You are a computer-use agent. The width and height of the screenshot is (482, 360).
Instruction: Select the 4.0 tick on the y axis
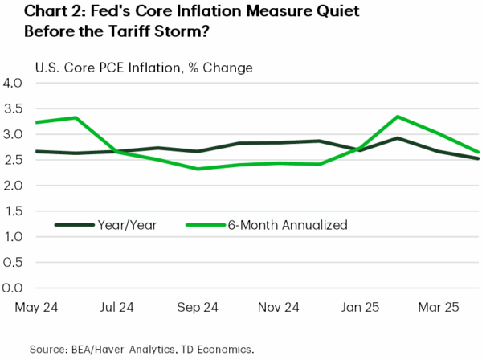tap(18, 83)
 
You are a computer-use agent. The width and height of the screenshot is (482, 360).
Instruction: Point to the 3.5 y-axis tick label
tap(18, 108)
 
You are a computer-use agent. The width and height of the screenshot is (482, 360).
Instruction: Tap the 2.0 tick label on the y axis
tap(18, 185)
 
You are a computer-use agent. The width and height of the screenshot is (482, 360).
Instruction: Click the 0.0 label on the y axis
tap(18, 288)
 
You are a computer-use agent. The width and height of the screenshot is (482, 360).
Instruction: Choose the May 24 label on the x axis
tap(36, 306)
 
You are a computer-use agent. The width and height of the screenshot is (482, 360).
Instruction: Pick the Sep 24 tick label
tap(197, 306)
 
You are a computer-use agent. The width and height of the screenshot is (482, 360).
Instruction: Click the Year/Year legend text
tap(129, 226)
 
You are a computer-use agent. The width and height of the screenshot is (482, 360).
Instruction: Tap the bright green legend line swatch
tap(206, 226)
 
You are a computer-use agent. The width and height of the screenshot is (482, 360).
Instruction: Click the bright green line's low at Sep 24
tap(198, 169)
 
